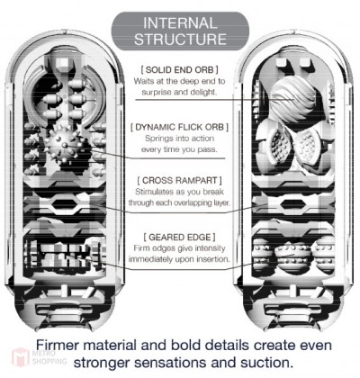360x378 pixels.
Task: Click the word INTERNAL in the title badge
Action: [x=180, y=23]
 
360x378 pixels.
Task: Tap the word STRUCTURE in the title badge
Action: [x=180, y=39]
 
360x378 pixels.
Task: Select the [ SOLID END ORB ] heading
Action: [x=179, y=70]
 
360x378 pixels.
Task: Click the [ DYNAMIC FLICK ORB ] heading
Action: [x=179, y=127]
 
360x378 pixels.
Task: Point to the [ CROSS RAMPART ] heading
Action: [x=179, y=181]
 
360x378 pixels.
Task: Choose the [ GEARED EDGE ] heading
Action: [x=179, y=238]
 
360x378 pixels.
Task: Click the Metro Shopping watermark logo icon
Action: [x=21, y=357]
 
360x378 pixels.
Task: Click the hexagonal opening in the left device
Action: [x=65, y=205]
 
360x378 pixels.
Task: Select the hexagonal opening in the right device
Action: [x=293, y=205]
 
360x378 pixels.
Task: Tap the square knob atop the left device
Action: [x=62, y=63]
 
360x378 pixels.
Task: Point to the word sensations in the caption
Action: [x=170, y=363]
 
